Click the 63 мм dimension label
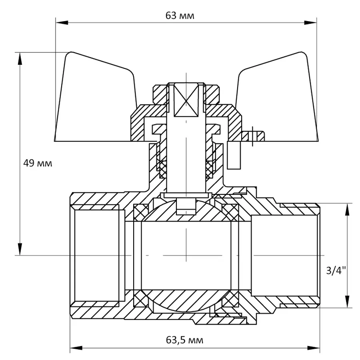(180, 16)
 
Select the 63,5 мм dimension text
(184, 340)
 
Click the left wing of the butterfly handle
(96, 100)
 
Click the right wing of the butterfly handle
(276, 100)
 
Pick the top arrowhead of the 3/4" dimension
(346, 208)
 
